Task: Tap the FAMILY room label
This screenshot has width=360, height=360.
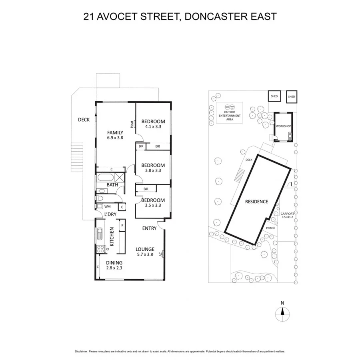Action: (115, 132)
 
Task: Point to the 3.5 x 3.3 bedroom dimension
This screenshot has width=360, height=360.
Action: (153, 206)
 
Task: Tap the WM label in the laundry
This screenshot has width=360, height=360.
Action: (107, 207)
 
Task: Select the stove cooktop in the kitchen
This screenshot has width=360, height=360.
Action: (100, 249)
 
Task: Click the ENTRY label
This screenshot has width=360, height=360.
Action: (149, 228)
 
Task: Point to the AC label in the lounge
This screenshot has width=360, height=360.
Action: (160, 254)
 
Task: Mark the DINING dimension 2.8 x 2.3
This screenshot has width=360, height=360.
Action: (114, 268)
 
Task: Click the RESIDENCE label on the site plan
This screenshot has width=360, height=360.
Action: (256, 202)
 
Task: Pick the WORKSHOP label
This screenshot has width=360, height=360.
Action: (283, 126)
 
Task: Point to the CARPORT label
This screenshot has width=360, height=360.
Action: (287, 214)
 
